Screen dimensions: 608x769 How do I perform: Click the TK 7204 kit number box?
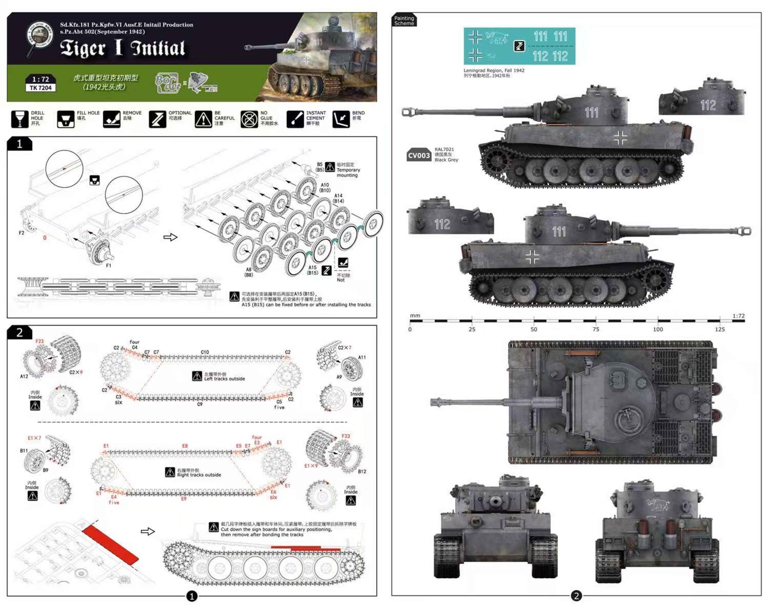click(x=41, y=87)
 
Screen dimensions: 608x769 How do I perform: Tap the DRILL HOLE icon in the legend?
click(x=20, y=119)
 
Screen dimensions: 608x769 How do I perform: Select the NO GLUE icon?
click(x=249, y=119)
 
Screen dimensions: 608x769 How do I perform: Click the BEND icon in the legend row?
click(x=341, y=119)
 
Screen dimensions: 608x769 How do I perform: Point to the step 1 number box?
click(x=20, y=144)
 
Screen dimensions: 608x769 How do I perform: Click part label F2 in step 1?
click(x=21, y=233)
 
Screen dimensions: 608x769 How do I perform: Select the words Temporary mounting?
click(x=348, y=173)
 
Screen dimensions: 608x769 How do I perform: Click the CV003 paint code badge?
click(x=419, y=155)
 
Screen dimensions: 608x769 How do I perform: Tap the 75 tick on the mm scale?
click(x=596, y=329)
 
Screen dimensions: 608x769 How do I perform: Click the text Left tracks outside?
click(x=224, y=379)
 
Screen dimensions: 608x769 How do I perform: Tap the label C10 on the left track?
click(x=205, y=352)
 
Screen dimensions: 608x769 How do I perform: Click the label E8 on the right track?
click(x=185, y=446)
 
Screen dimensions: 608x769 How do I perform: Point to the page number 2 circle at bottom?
click(x=576, y=596)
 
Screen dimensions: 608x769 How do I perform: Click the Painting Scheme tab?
click(x=404, y=21)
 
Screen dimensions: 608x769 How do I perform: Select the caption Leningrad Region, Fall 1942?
click(x=494, y=70)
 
